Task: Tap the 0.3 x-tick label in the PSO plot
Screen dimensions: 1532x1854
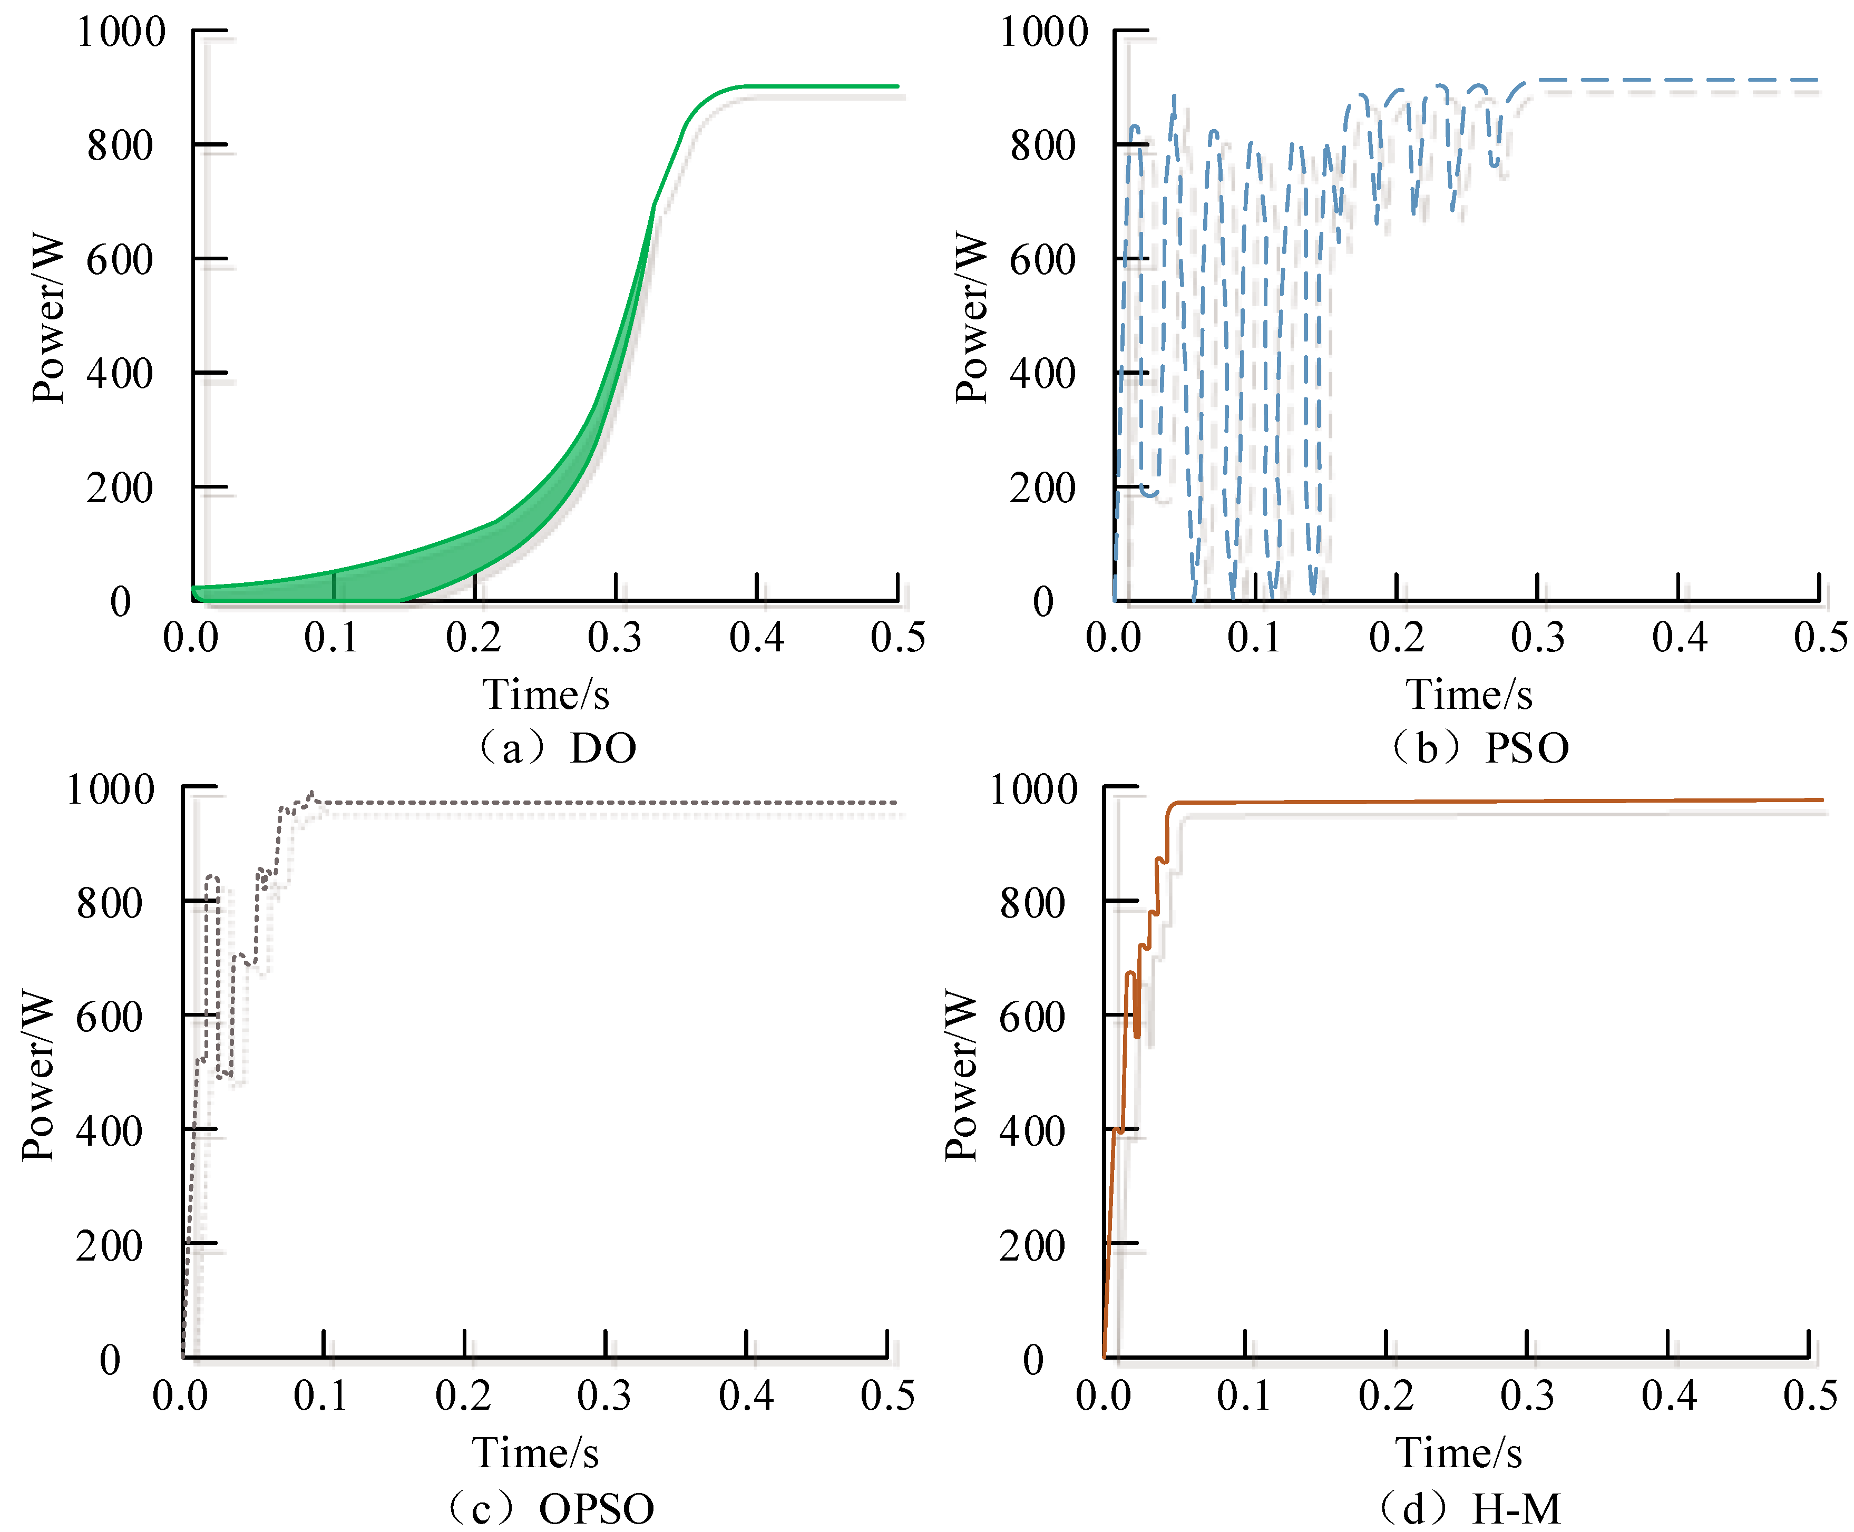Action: (x=1537, y=637)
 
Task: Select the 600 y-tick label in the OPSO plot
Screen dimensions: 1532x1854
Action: (x=109, y=1018)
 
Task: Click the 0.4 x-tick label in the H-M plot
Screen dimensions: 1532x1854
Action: (x=1668, y=1395)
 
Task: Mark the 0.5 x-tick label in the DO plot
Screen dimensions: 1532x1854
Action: (x=897, y=637)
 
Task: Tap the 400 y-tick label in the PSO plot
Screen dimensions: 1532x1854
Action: (x=1042, y=374)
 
